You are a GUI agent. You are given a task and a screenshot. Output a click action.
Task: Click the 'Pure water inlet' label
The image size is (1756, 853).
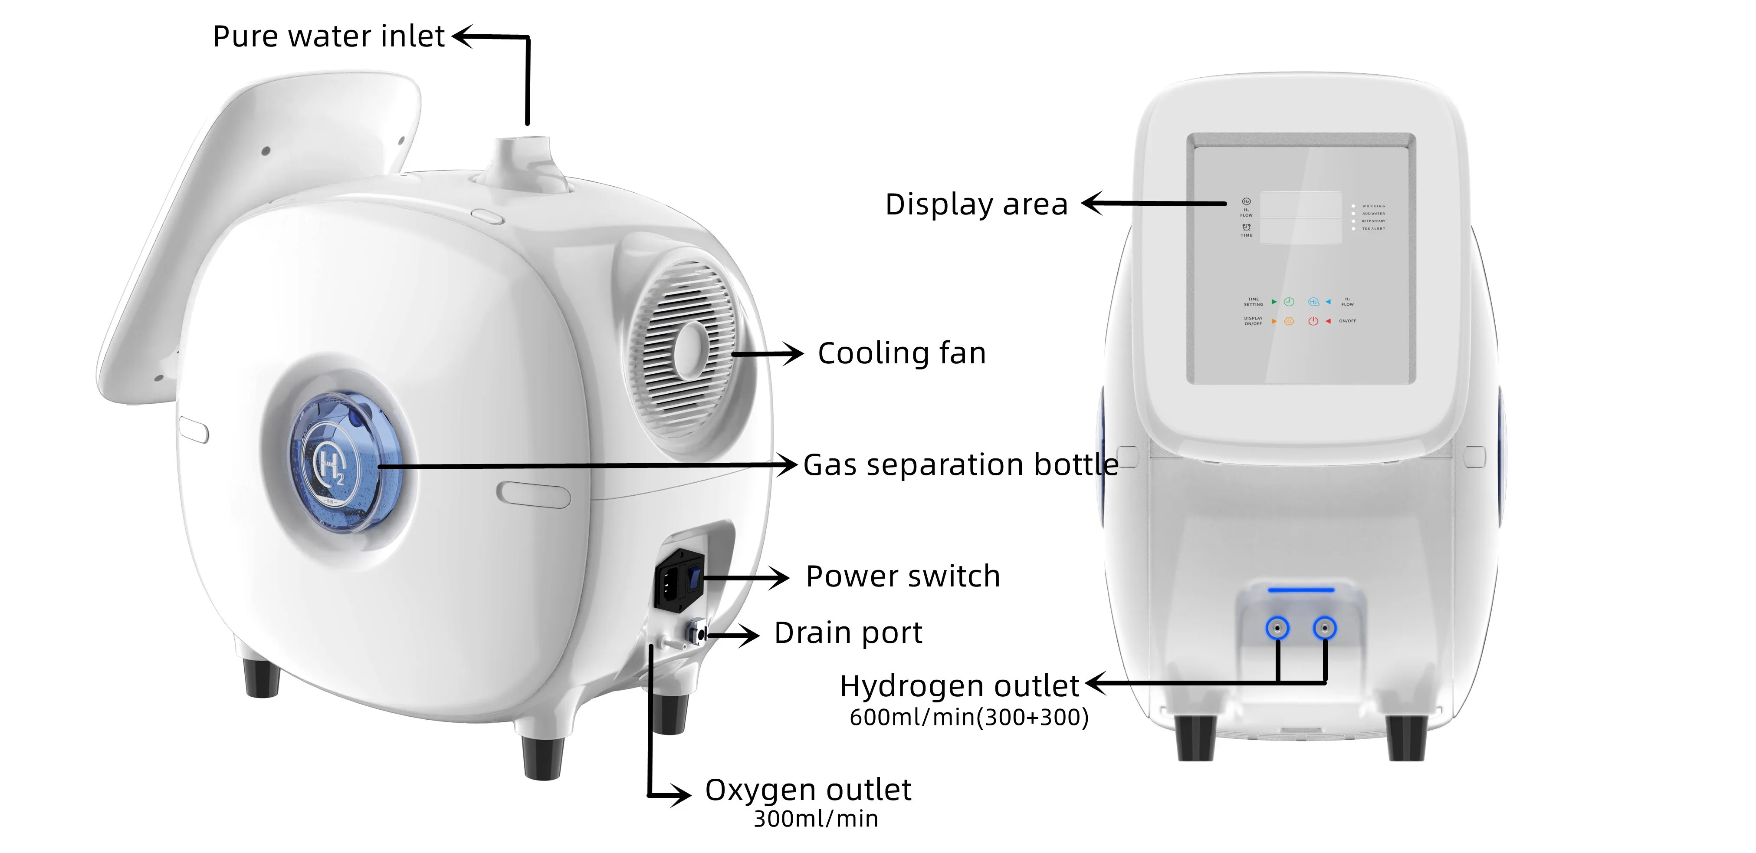click(328, 36)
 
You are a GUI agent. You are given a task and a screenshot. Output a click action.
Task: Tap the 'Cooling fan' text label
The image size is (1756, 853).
click(901, 353)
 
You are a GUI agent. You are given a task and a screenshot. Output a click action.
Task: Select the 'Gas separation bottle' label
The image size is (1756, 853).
click(960, 465)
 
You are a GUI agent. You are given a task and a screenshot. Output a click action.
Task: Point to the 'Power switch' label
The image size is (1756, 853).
click(903, 576)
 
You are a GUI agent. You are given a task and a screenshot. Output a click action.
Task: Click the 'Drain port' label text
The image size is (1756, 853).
click(848, 633)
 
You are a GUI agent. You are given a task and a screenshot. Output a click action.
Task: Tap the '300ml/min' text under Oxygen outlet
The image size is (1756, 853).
click(815, 819)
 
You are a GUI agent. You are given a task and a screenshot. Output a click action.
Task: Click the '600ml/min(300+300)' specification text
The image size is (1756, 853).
click(968, 717)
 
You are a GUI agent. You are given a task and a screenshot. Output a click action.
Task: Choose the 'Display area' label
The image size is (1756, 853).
click(976, 204)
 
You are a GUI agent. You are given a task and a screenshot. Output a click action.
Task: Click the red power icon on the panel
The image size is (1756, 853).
click(1313, 321)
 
